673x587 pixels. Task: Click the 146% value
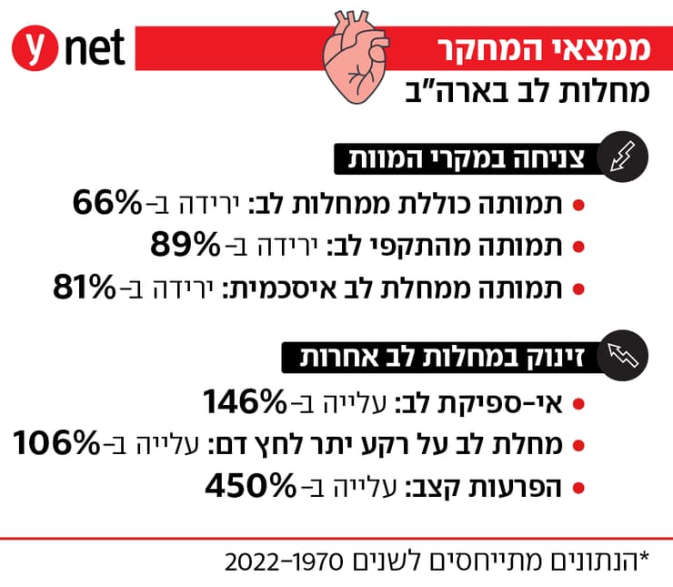(243, 400)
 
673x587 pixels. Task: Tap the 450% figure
(247, 485)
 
